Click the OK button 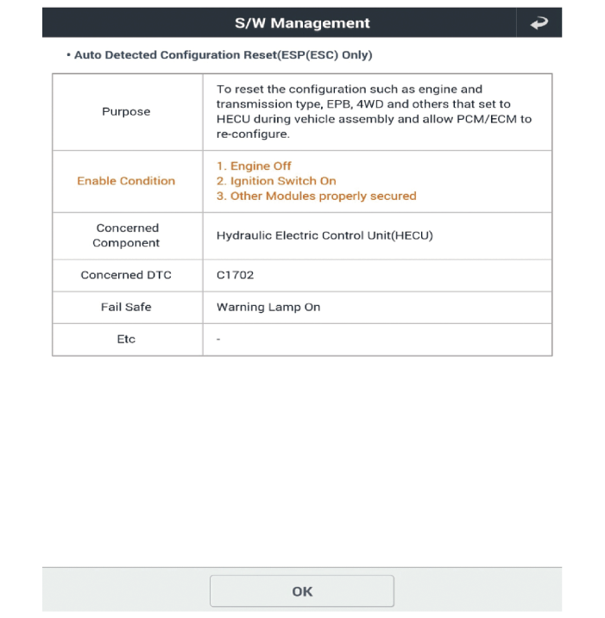click(x=302, y=591)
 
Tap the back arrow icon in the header click(x=539, y=23)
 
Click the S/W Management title click(x=302, y=23)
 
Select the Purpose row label click(x=126, y=111)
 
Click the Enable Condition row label click(x=126, y=181)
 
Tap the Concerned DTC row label click(x=126, y=275)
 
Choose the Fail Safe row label click(x=126, y=307)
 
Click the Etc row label click(x=126, y=339)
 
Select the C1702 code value click(x=235, y=275)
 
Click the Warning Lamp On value click(x=268, y=307)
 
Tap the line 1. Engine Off click(x=254, y=165)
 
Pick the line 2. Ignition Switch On click(x=276, y=181)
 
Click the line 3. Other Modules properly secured click(x=316, y=196)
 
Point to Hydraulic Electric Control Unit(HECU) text click(x=325, y=235)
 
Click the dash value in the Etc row click(x=218, y=340)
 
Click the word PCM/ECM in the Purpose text click(x=496, y=119)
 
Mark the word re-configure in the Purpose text click(x=252, y=134)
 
